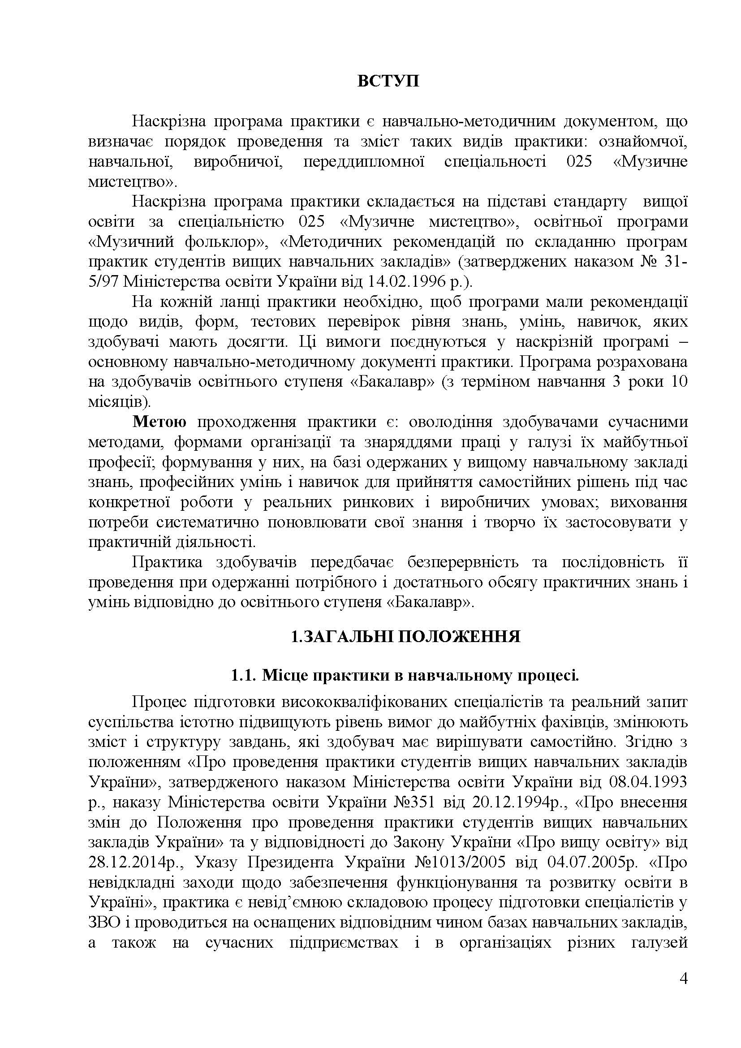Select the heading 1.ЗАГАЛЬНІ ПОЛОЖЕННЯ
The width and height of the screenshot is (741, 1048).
405,637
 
